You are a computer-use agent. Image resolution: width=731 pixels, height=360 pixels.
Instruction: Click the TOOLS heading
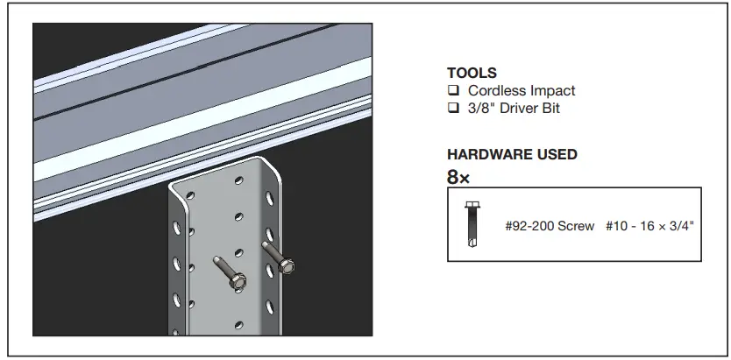coord(472,74)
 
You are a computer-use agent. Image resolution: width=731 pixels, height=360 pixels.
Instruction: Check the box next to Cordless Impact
coord(453,90)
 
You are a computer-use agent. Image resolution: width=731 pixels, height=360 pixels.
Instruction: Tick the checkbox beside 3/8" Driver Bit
coord(453,109)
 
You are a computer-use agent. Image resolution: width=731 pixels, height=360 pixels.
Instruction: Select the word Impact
coord(553,90)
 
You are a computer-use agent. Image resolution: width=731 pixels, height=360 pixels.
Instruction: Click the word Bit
coord(550,109)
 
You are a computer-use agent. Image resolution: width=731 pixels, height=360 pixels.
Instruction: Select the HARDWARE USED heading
coord(512,154)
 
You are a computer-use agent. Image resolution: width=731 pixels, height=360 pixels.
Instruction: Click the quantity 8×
coord(458,177)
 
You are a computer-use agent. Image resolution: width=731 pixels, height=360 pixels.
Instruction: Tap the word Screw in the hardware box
coord(577,226)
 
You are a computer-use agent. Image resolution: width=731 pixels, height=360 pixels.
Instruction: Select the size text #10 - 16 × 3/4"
coord(649,226)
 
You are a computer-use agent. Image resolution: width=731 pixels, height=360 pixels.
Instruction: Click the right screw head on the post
coord(286,265)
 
